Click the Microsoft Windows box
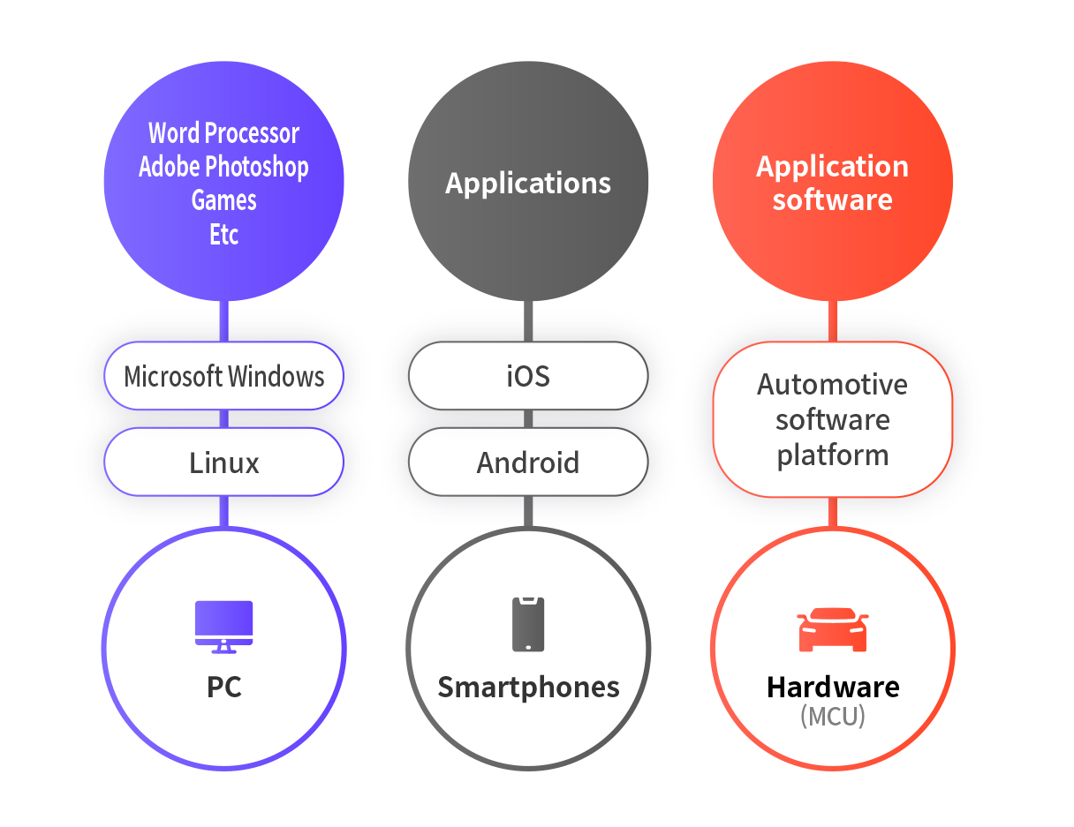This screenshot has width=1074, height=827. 223,376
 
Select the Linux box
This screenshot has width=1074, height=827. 223,462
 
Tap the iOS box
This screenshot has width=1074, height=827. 528,376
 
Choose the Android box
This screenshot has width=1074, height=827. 528,462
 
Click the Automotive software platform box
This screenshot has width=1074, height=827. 832,419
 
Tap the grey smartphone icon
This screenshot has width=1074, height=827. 528,625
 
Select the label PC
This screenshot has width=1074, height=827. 223,687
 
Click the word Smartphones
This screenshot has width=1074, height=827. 528,687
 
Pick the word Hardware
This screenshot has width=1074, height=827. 832,687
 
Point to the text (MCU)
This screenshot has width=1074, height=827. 832,716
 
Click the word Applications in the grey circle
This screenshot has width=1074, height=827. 528,183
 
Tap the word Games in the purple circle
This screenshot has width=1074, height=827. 223,200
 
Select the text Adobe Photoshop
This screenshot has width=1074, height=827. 223,166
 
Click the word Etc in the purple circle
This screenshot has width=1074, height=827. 223,235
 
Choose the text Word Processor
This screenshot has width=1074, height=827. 223,132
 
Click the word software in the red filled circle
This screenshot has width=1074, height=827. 832,199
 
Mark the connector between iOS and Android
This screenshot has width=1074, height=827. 528,419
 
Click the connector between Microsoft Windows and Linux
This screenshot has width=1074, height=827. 223,419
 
